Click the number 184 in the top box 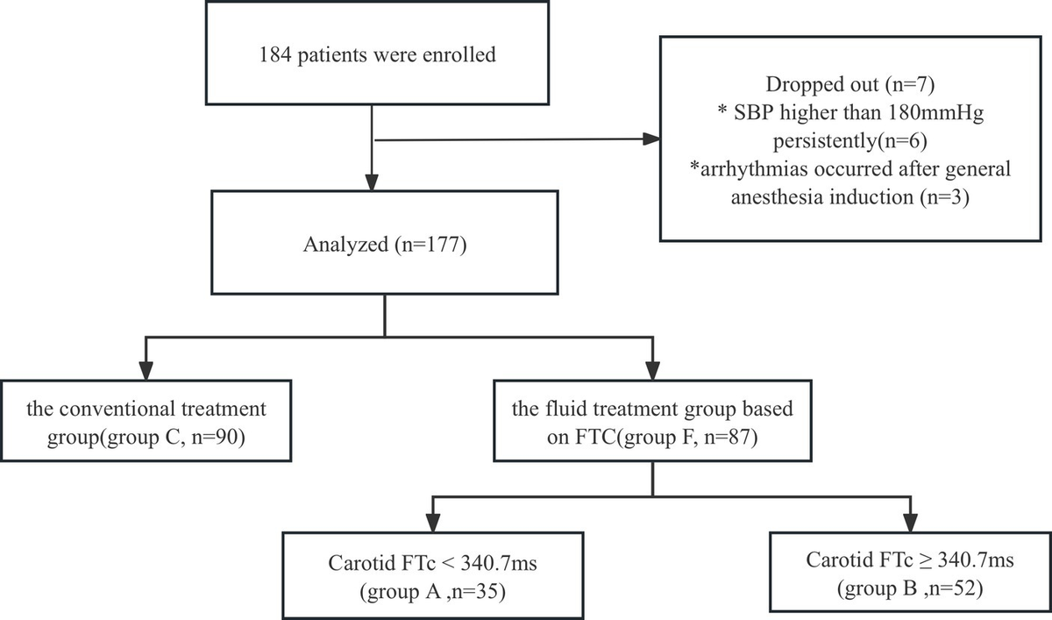(x=274, y=55)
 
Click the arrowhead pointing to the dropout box (x=650, y=139)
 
